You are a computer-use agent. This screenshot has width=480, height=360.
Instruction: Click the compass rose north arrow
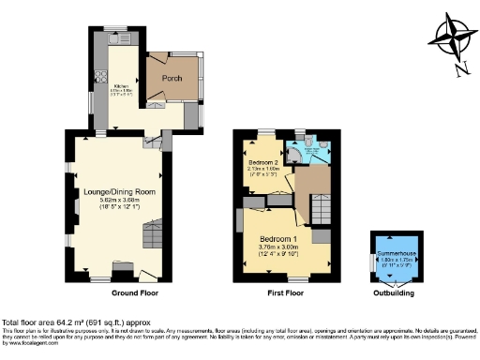[x=451, y=39]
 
